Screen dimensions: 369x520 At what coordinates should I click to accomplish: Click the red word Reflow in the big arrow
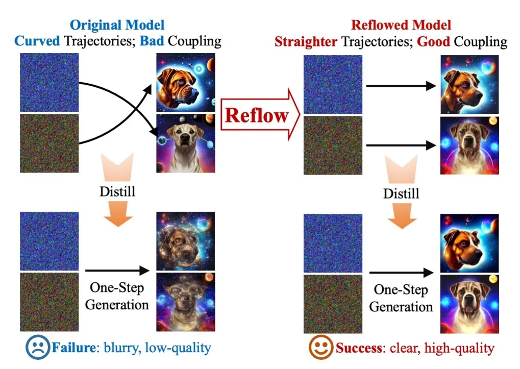pyautogui.click(x=256, y=115)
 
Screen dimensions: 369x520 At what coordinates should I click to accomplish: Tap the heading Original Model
pyautogui.click(x=117, y=25)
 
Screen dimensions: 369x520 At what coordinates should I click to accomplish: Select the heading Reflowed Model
pyautogui.click(x=401, y=25)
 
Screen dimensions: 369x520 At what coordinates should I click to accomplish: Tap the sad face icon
pyautogui.click(x=38, y=349)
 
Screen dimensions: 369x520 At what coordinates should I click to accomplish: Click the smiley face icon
pyautogui.click(x=320, y=349)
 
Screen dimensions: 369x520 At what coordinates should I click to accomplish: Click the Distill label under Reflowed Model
pyautogui.click(x=401, y=194)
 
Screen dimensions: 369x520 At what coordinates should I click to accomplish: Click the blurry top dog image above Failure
pyautogui.click(x=186, y=241)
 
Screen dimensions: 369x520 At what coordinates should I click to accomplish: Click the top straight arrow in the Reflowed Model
pyautogui.click(x=401, y=86)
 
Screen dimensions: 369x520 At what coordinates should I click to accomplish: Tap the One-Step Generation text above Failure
pyautogui.click(x=117, y=296)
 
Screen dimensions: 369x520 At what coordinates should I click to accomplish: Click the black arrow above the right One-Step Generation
pyautogui.click(x=403, y=274)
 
